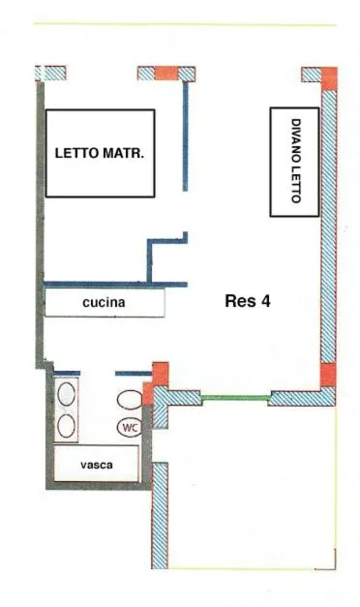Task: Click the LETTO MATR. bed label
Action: coord(100,152)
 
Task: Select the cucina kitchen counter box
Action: coord(105,303)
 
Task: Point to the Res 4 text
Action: coord(247,300)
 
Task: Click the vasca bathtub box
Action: coord(97,465)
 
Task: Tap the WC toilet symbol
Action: coord(129,427)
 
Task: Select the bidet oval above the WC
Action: coord(129,398)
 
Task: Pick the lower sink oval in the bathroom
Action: coord(67,425)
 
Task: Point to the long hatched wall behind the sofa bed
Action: coord(328,232)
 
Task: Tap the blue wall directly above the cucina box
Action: coord(116,284)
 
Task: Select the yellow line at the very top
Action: coord(184,24)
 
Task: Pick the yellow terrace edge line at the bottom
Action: coord(252,568)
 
